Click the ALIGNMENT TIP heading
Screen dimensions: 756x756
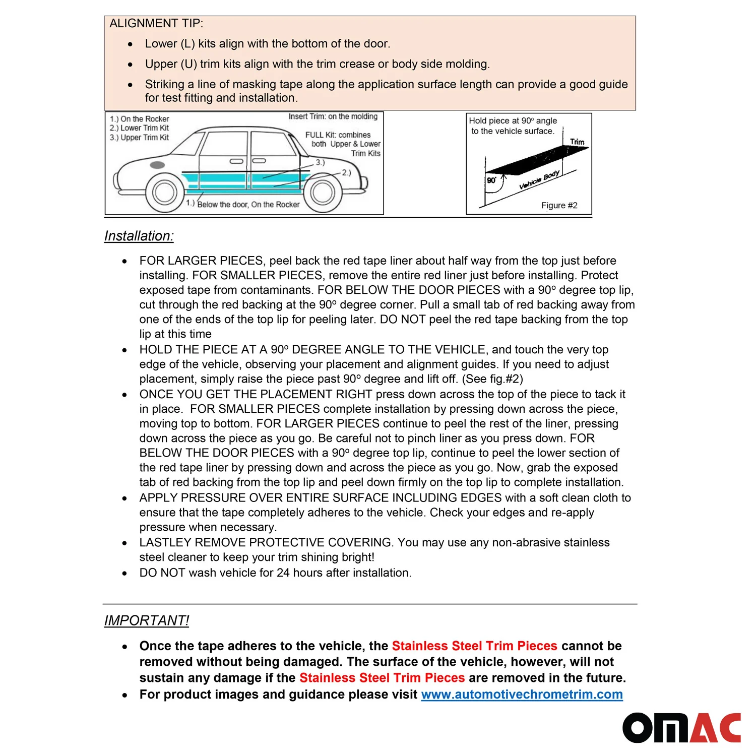(156, 24)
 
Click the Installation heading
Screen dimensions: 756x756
(139, 236)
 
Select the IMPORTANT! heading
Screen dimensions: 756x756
(147, 620)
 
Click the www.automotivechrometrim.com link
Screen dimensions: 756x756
(522, 695)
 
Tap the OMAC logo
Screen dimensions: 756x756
(681, 728)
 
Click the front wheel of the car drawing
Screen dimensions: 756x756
(164, 192)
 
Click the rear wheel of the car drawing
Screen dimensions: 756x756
(322, 193)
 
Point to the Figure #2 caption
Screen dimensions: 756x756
(559, 206)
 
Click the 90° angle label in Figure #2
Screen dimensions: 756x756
(491, 180)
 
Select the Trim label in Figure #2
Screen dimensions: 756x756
(577, 142)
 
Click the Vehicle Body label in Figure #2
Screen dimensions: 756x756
(539, 180)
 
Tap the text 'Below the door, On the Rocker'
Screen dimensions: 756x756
(248, 205)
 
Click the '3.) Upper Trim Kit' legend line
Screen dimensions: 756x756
(140, 138)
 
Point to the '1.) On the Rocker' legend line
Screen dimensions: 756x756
(140, 119)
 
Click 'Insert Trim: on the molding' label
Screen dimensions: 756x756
(333, 116)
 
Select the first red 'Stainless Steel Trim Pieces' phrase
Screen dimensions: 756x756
(474, 646)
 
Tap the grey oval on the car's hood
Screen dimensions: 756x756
(157, 165)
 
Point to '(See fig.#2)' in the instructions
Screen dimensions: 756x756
(492, 379)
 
